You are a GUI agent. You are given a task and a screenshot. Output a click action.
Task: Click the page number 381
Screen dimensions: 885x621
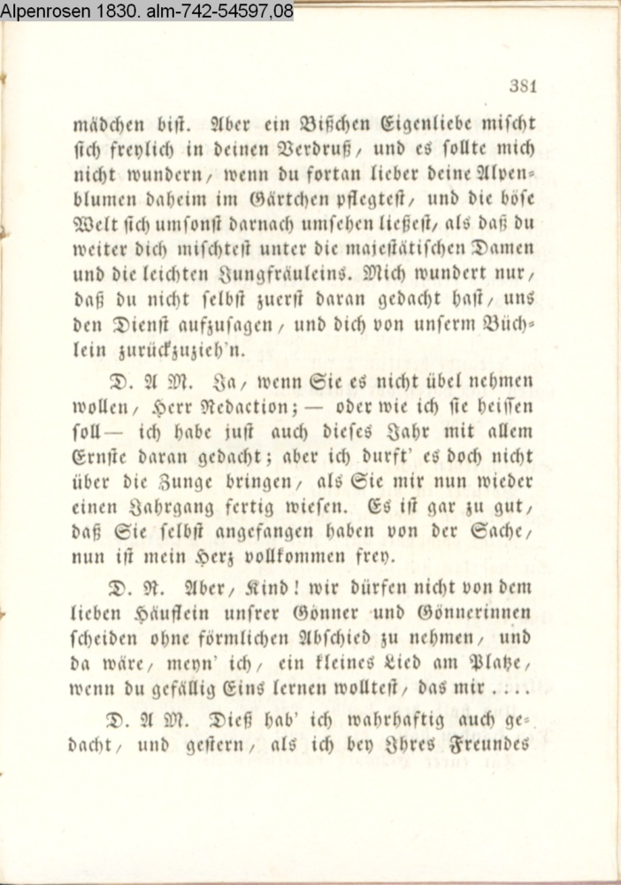pos(524,86)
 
